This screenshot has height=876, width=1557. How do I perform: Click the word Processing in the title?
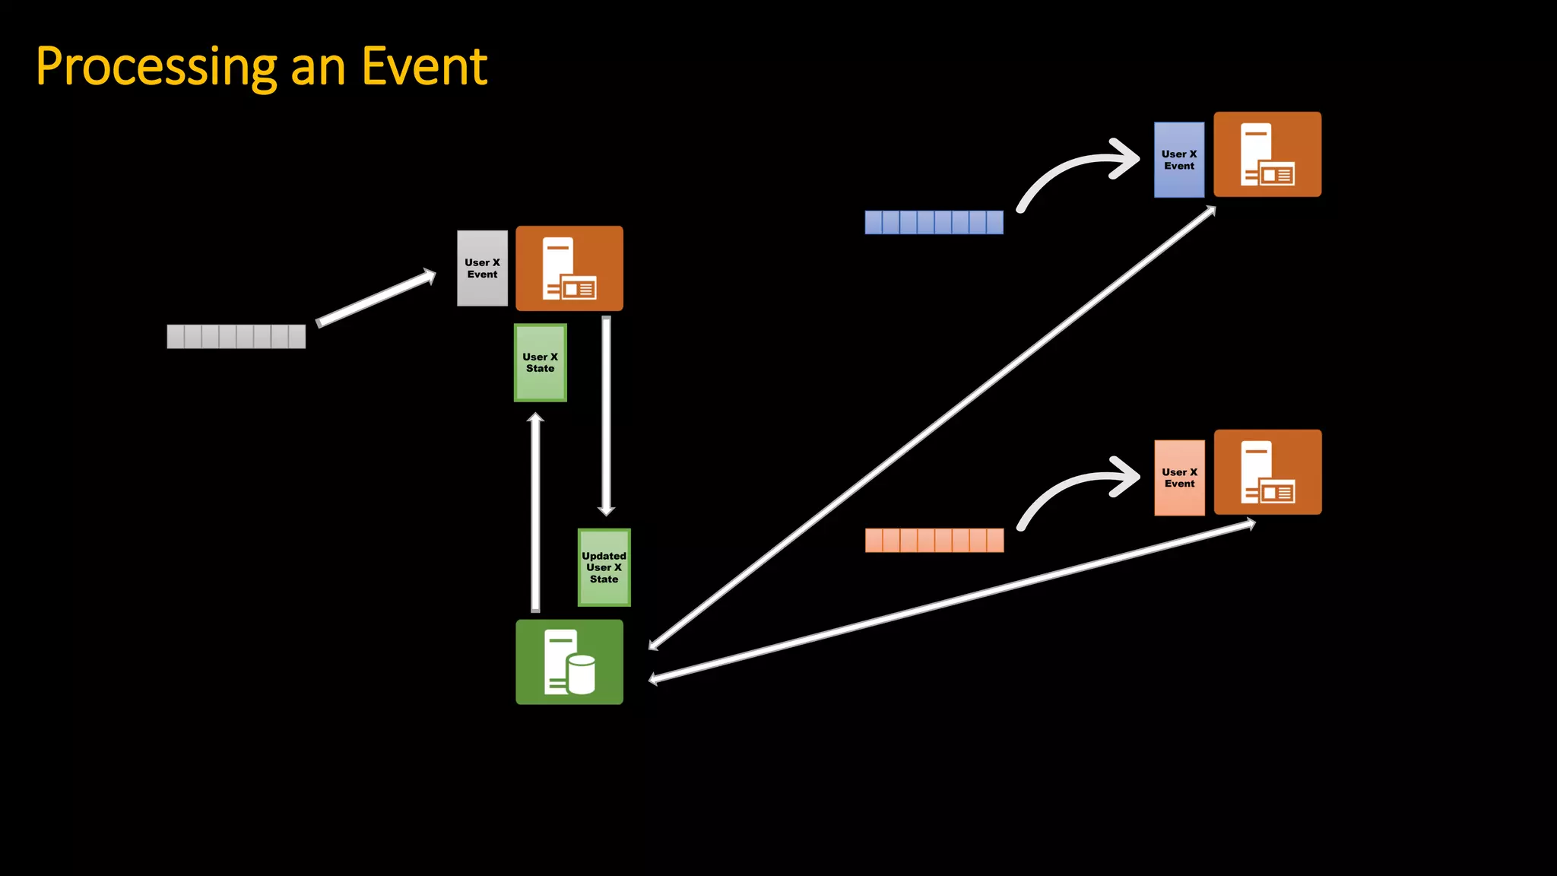(x=157, y=67)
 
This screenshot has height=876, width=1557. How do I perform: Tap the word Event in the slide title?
(x=424, y=67)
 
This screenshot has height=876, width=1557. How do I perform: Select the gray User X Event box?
(x=482, y=268)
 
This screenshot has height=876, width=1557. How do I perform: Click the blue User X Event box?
(x=1179, y=160)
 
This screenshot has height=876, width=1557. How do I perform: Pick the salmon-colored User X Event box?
(x=1179, y=478)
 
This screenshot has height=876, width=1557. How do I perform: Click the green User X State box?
(x=541, y=363)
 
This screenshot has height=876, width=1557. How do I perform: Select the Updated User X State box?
(x=604, y=567)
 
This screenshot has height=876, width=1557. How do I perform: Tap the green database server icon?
(x=569, y=662)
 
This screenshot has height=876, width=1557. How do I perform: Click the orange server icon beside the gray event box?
(x=569, y=268)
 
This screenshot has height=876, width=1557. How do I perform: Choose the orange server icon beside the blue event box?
(x=1267, y=154)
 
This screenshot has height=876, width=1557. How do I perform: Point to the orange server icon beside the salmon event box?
(x=1267, y=472)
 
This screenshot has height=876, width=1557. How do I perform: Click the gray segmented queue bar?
(x=236, y=336)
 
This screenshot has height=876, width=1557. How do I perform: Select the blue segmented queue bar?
(x=934, y=222)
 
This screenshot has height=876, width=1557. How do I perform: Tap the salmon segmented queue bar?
(x=934, y=540)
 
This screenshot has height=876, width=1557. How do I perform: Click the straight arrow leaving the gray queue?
(x=376, y=298)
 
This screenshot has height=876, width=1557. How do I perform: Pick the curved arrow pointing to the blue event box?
(x=1072, y=168)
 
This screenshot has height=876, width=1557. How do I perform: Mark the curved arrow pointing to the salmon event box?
(x=1072, y=486)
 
